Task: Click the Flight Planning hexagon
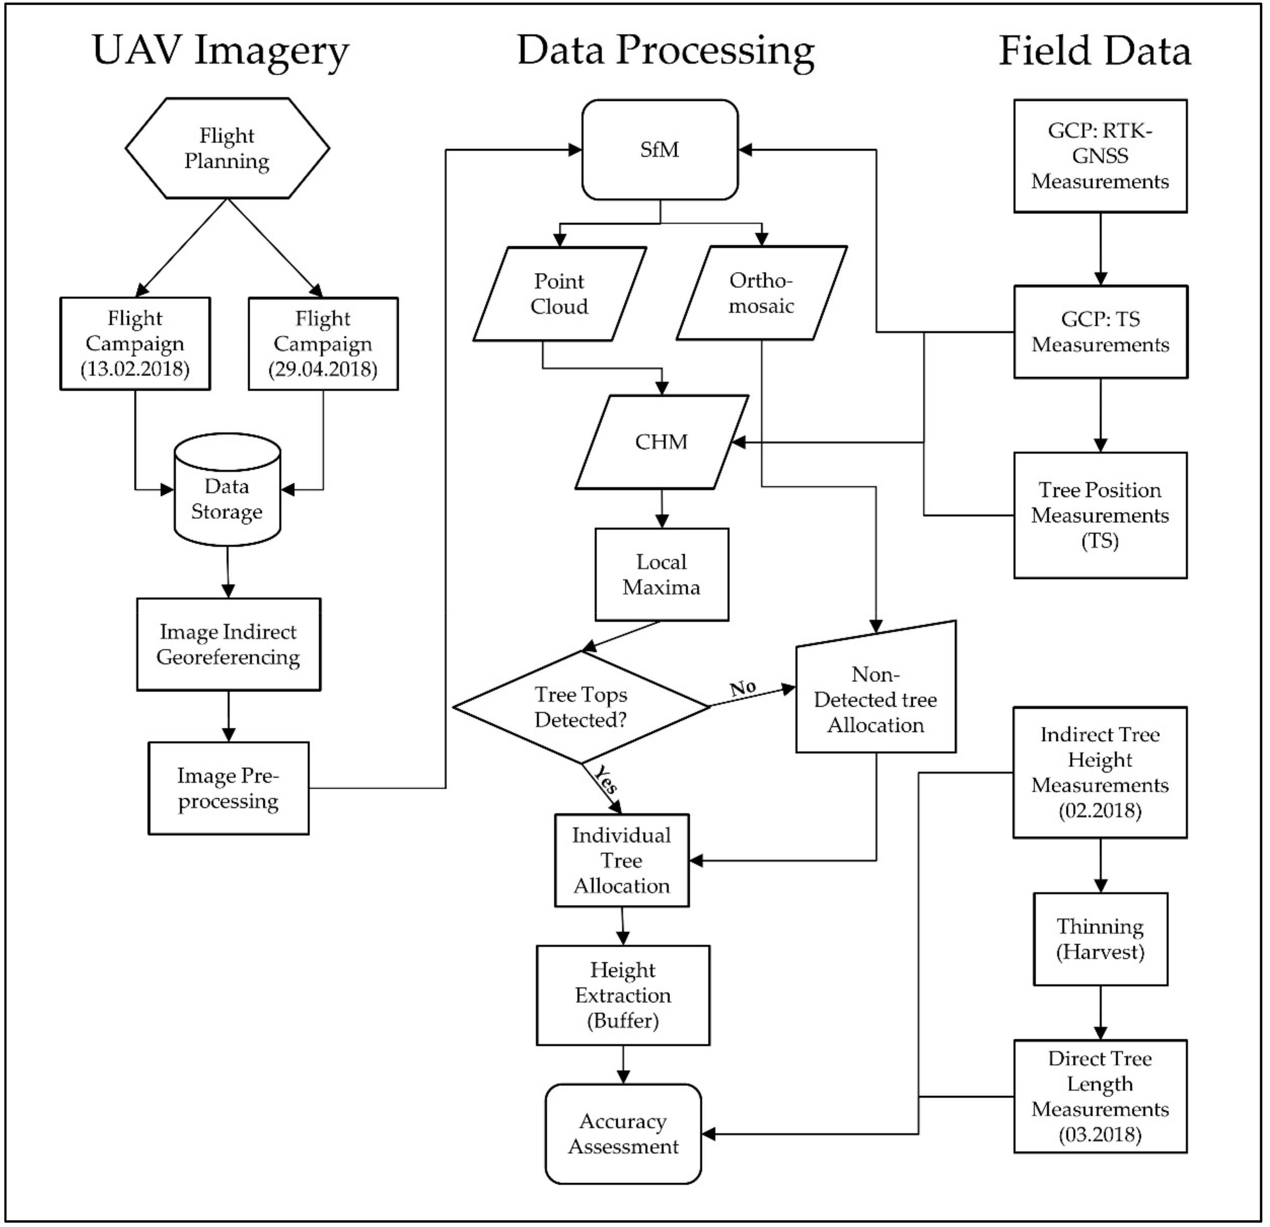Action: (x=227, y=148)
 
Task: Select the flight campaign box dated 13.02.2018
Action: (x=135, y=343)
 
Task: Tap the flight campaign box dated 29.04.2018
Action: (x=323, y=343)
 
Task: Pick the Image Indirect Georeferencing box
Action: (x=228, y=644)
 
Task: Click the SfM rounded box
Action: (x=660, y=149)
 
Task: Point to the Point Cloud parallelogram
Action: (x=559, y=293)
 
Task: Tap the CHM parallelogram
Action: (x=661, y=442)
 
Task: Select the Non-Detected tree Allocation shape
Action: (x=875, y=699)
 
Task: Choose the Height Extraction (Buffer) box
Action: (x=623, y=995)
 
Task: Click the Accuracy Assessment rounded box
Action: (x=623, y=1134)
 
